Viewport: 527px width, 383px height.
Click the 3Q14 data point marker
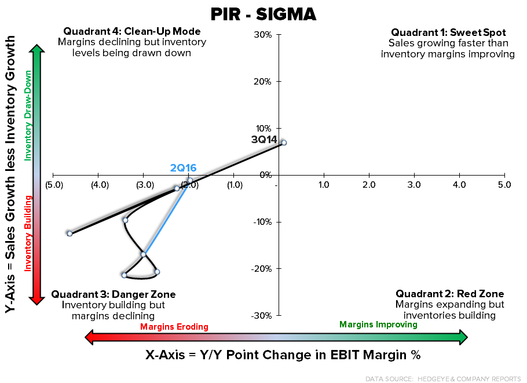pyautogui.click(x=284, y=143)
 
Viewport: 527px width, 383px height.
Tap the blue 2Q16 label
pyautogui.click(x=183, y=168)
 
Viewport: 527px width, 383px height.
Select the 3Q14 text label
pyautogui.click(x=264, y=140)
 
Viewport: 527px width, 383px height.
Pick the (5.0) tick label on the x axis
pyautogui.click(x=53, y=185)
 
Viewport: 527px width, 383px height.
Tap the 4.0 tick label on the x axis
pyautogui.click(x=459, y=185)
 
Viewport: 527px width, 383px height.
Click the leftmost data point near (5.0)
pyautogui.click(x=69, y=234)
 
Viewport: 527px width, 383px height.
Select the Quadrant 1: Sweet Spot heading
pyautogui.click(x=448, y=32)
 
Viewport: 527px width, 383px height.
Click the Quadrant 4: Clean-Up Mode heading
pyautogui.click(x=131, y=31)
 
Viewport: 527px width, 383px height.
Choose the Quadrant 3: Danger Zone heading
pyautogui.click(x=114, y=294)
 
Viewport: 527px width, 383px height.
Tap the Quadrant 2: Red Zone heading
pyautogui.click(x=449, y=294)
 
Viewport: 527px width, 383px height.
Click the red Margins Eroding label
pyautogui.click(x=174, y=327)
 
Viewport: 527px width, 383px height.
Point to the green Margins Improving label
pyautogui.click(x=378, y=324)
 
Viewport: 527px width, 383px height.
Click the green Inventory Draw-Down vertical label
pyautogui.click(x=27, y=116)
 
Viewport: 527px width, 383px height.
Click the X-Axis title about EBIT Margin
pyautogui.click(x=283, y=355)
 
